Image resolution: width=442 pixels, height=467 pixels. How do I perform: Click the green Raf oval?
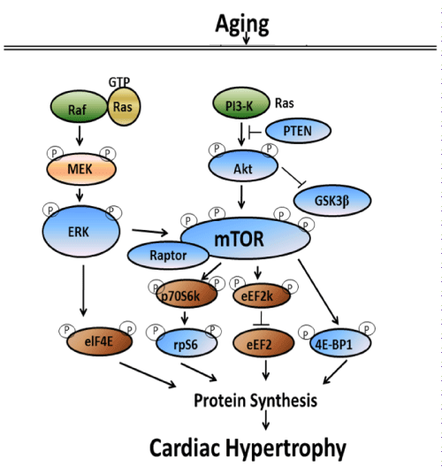pos(79,106)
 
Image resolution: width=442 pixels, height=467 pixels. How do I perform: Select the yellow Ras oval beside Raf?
pos(124,106)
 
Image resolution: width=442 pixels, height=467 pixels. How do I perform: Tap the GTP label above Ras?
pos(119,82)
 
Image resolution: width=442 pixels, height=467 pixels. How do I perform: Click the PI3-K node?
pos(240,103)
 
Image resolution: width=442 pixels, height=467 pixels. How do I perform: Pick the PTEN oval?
pos(298,130)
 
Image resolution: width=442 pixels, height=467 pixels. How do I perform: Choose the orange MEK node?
pos(81,169)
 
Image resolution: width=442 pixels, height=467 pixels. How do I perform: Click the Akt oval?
pos(243,165)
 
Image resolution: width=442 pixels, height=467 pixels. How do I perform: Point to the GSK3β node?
pos(332,200)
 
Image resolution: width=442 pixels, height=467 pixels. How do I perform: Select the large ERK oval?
pos(81,231)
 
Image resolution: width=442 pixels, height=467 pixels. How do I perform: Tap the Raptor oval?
pos(169,256)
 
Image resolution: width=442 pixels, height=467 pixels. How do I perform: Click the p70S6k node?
pos(187,295)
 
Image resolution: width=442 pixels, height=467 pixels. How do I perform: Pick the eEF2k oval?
pos(262,295)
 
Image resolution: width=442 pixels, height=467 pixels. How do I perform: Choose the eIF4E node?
pos(99,341)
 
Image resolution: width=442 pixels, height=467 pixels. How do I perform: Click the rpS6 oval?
pos(187,343)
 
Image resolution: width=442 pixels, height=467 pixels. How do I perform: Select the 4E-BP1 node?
pos(340,342)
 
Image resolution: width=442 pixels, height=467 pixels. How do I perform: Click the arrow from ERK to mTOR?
pos(150,232)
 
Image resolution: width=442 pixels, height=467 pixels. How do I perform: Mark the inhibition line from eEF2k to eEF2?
pos(261,318)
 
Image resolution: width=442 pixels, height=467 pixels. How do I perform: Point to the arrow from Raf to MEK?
pos(80,135)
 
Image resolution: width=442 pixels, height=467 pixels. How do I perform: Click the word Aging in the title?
pos(242,25)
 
